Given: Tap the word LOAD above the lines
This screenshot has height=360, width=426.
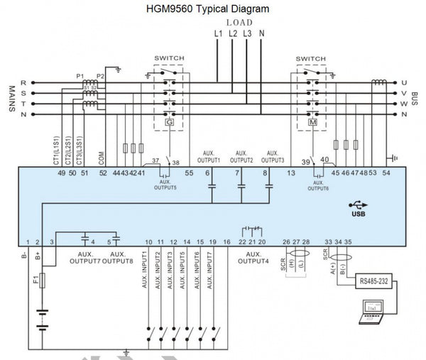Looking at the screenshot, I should [239, 22].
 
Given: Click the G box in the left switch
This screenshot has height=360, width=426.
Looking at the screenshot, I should [170, 122].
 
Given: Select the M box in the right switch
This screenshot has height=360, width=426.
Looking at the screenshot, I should [311, 122].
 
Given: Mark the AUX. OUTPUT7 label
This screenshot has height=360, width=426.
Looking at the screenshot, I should [84, 257].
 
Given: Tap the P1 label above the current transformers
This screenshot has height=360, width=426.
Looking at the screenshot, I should [80, 75].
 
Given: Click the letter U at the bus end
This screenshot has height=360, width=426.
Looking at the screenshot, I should [404, 82].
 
